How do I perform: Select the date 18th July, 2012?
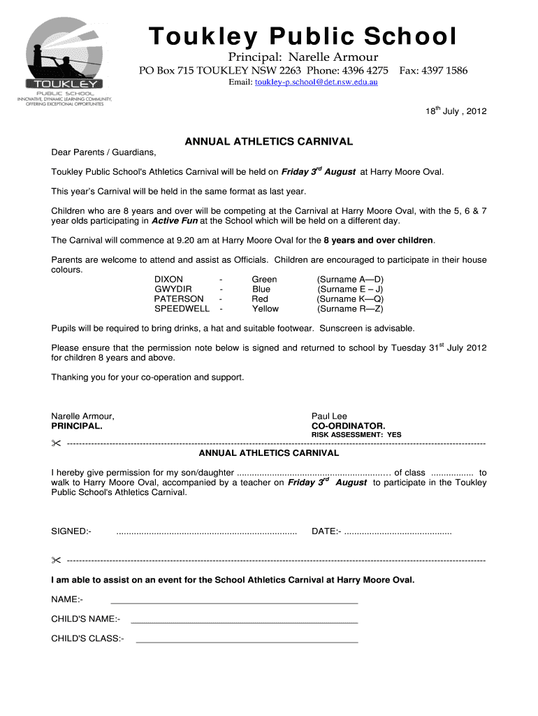tap(456, 111)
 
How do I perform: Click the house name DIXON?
tap(169, 279)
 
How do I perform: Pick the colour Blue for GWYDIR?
tap(261, 289)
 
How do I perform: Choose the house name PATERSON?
tap(179, 299)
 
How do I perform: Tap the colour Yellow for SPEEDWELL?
tap(265, 308)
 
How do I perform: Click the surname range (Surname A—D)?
tap(350, 279)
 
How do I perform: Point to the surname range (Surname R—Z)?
tap(350, 308)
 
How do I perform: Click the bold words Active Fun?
tap(175, 221)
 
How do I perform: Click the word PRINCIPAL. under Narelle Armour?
tap(77, 426)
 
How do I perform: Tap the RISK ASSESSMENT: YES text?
tap(356, 435)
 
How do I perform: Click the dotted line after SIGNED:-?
tap(206, 532)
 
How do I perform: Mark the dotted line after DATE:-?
tap(398, 532)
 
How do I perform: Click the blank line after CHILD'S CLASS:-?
tap(247, 640)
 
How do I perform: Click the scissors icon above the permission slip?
tap(56, 444)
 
